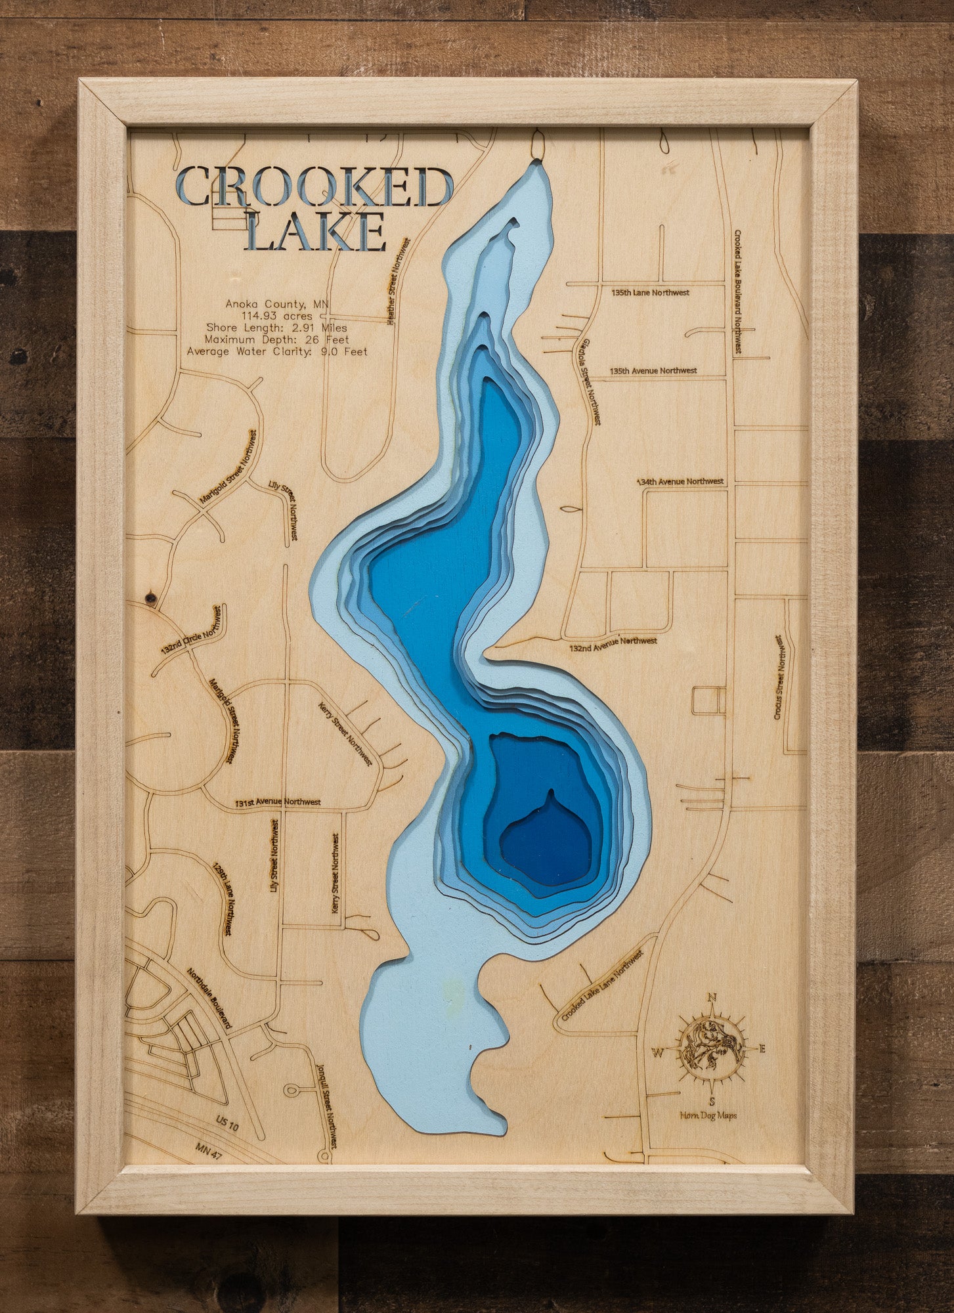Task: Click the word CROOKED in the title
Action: tap(314, 187)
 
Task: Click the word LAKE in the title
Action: tap(318, 231)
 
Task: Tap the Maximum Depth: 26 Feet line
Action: tap(276, 339)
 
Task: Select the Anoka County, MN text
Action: tap(277, 304)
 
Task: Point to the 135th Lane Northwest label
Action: tap(650, 292)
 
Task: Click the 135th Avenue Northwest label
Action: tap(653, 370)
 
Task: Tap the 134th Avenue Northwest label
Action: tap(681, 481)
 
